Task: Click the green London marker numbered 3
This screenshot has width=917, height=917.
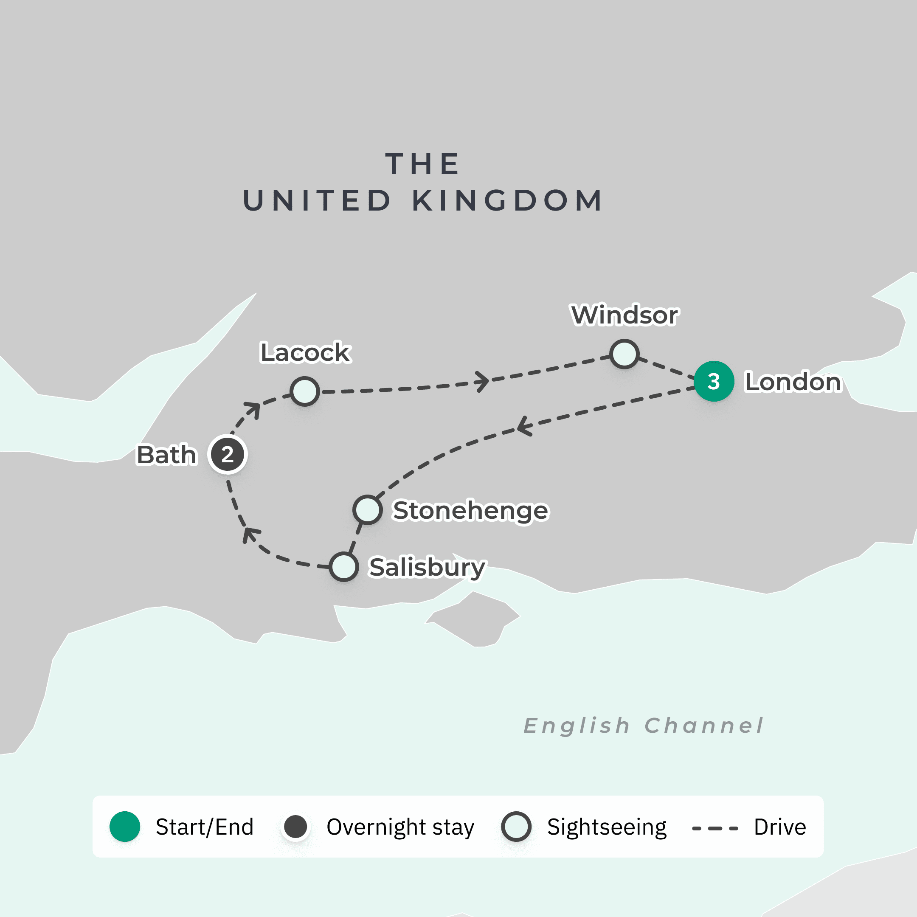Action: pos(713,381)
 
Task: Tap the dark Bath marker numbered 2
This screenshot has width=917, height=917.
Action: pos(228,455)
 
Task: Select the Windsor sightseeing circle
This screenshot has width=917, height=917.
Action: pos(624,354)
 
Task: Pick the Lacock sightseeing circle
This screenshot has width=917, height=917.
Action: pos(304,391)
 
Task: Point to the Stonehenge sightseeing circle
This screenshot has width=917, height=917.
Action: pos(367,510)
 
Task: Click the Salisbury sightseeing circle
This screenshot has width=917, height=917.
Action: pos(343,567)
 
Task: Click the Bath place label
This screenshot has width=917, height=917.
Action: pos(166,455)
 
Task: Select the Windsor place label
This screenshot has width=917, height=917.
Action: pos(624,315)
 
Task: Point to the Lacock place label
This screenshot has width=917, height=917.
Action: pos(305,353)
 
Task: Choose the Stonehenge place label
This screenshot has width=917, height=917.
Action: pos(470,511)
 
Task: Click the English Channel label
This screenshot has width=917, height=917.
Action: pos(643,726)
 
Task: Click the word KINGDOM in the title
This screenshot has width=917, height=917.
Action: pos(507,200)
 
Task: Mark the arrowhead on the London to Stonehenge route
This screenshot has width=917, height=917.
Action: pos(523,426)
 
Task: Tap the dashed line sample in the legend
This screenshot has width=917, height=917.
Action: pos(715,828)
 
